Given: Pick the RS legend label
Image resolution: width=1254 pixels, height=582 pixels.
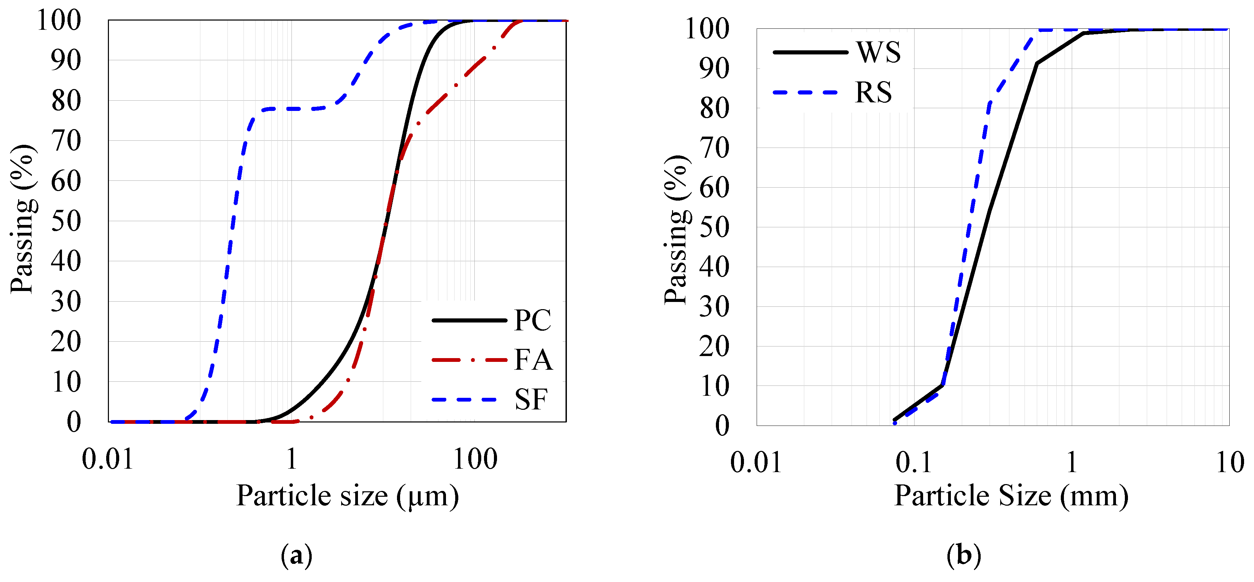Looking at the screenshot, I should tap(874, 92).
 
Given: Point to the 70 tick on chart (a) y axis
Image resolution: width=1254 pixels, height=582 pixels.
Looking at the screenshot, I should tap(66, 141).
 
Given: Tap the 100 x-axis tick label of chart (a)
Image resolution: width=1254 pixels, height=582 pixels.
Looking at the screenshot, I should tap(475, 459).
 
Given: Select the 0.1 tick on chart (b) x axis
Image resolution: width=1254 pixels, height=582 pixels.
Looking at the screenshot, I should tap(914, 462).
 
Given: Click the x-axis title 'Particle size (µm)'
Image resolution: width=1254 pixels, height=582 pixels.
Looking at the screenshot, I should tap(348, 496).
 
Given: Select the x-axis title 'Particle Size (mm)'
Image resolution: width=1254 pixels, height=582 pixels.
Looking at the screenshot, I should tap(1011, 496).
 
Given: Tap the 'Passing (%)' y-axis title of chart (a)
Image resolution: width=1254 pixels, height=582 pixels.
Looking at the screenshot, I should tap(23, 219).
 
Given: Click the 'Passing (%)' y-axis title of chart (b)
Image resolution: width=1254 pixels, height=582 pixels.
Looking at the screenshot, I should tap(676, 230).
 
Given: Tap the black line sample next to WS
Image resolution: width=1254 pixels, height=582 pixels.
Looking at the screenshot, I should tap(810, 52).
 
